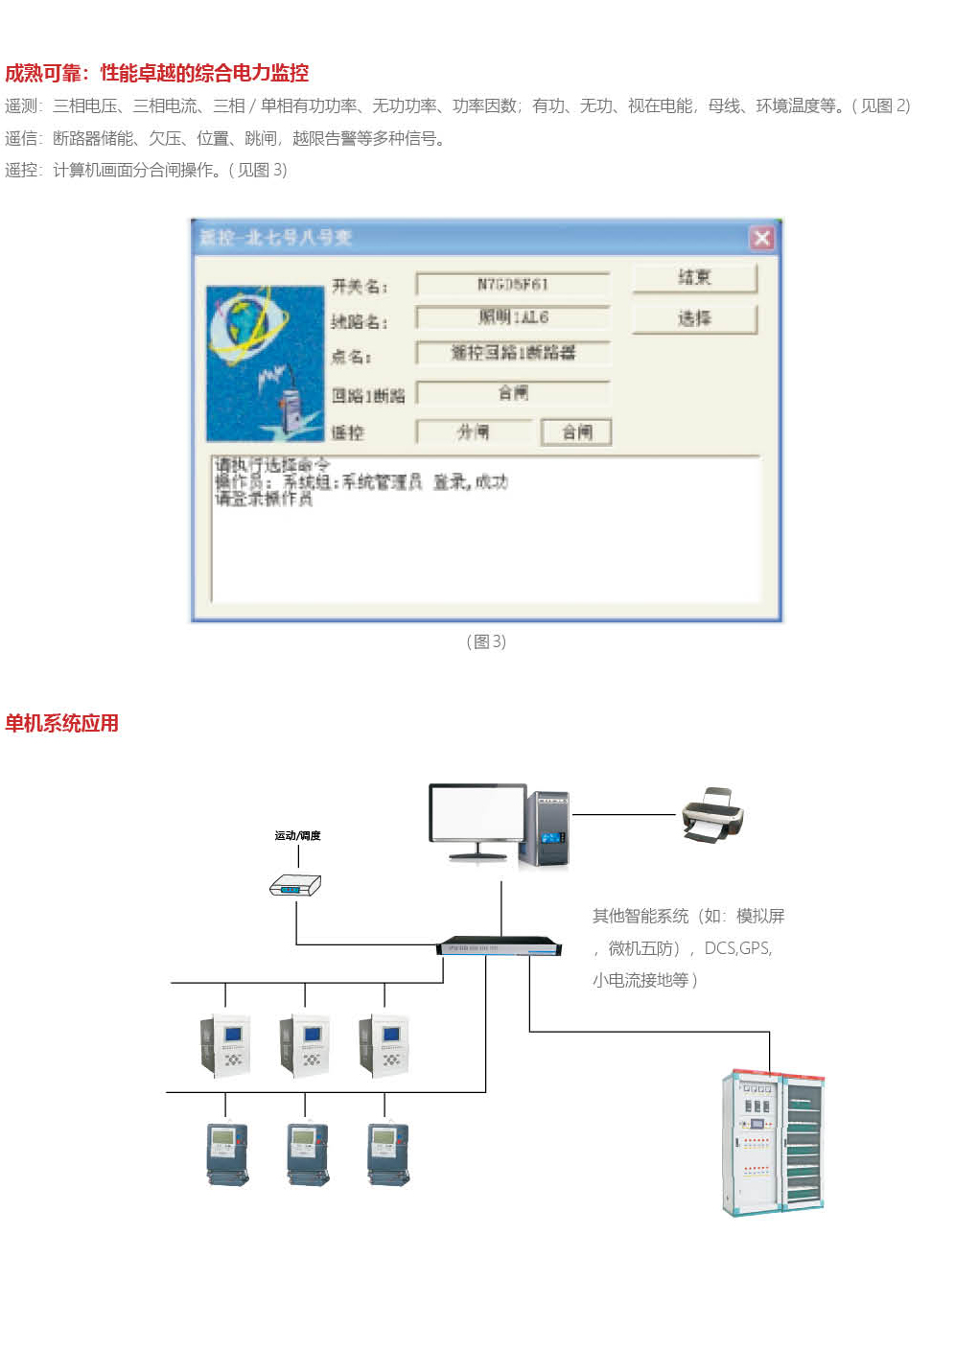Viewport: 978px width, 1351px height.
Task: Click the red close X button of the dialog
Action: [761, 238]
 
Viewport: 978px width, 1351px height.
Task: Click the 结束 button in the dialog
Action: [694, 278]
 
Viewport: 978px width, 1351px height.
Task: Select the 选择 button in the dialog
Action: [694, 319]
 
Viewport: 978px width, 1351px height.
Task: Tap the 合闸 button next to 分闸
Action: [576, 432]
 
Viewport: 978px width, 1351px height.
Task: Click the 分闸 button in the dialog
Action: [474, 432]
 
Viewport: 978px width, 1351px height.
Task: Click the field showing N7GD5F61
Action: [513, 285]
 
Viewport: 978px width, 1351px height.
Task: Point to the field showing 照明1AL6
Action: [513, 317]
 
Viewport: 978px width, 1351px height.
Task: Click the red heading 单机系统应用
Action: [61, 724]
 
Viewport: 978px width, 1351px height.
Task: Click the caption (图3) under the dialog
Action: [486, 641]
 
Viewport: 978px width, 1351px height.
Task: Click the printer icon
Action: [712, 815]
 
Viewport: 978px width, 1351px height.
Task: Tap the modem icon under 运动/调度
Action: [295, 886]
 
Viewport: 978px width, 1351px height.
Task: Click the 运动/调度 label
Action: [297, 836]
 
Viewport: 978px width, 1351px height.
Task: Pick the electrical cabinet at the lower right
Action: [773, 1142]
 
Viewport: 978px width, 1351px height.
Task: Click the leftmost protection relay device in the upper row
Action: [226, 1045]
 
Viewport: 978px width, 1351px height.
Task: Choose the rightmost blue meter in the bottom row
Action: [388, 1153]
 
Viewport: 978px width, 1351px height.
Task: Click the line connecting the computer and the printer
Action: [623, 815]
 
